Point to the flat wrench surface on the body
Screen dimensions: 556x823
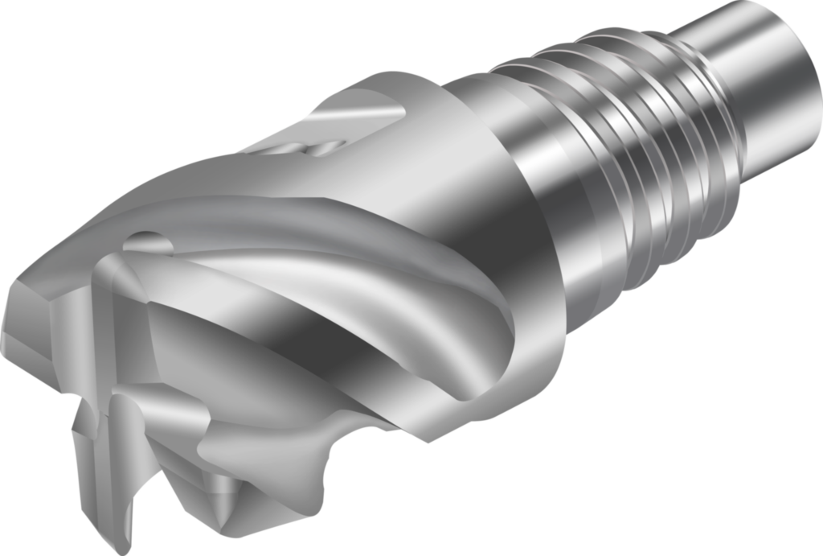pyautogui.click(x=354, y=121)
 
